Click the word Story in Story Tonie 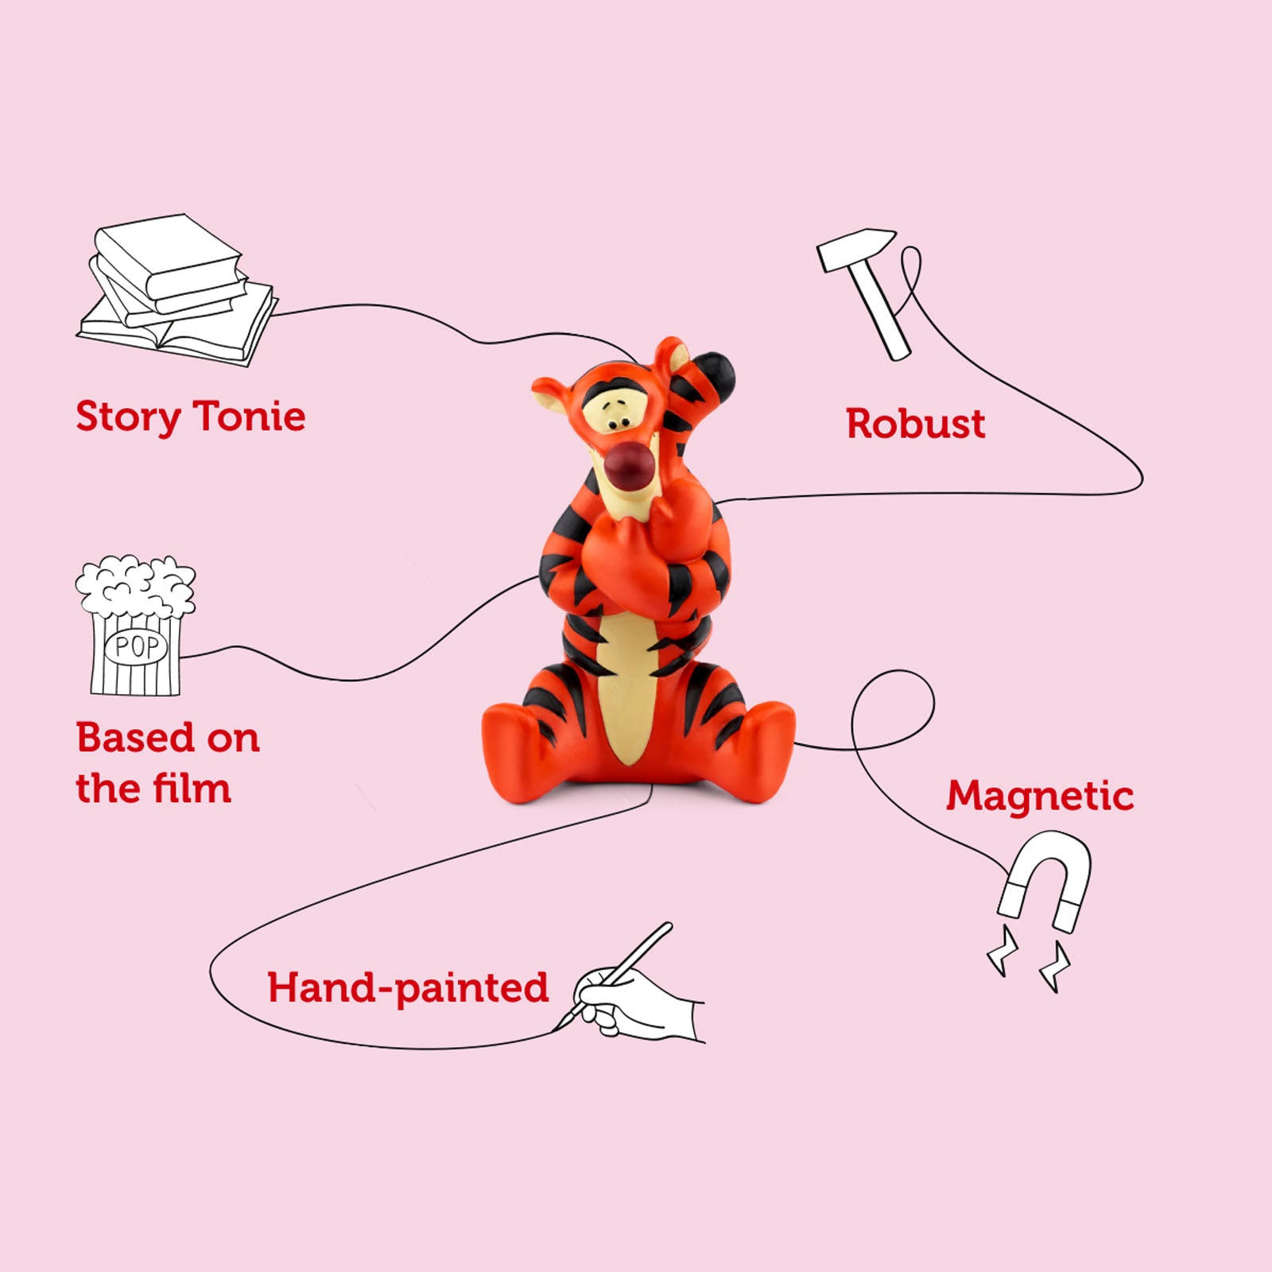coord(127,417)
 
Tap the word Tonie coord(249,416)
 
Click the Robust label coord(915,424)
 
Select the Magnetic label coord(1039,796)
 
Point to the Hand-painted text coord(407,988)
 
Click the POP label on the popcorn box coord(137,646)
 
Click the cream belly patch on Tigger coord(628,700)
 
